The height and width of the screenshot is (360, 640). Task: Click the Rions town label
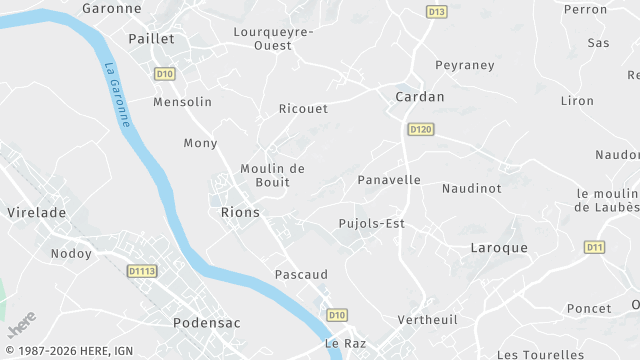pos(239,213)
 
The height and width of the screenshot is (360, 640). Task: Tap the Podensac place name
pos(209,323)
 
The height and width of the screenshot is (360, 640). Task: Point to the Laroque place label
pos(498,247)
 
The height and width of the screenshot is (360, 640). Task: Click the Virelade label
pos(36,213)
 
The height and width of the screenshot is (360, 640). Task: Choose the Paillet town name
pos(151,38)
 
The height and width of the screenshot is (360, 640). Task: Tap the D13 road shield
pos(436,12)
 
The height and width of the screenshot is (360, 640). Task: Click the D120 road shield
pos(421,129)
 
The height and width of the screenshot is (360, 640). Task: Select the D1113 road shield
pos(142,270)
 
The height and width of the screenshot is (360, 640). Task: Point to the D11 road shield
pos(595,246)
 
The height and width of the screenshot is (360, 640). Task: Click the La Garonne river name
pos(117,94)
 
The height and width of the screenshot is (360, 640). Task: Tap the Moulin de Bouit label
pos(272,175)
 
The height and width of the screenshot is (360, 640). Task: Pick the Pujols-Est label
pos(371,223)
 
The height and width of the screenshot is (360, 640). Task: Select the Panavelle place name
pos(389,181)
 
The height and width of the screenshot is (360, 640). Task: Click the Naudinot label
pos(471,188)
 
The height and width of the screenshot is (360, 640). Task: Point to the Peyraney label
pos(464,65)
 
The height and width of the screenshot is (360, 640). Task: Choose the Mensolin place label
pos(182,102)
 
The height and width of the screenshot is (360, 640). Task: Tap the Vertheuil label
pos(427,319)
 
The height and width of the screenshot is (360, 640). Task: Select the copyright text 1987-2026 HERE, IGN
pos(68,351)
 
